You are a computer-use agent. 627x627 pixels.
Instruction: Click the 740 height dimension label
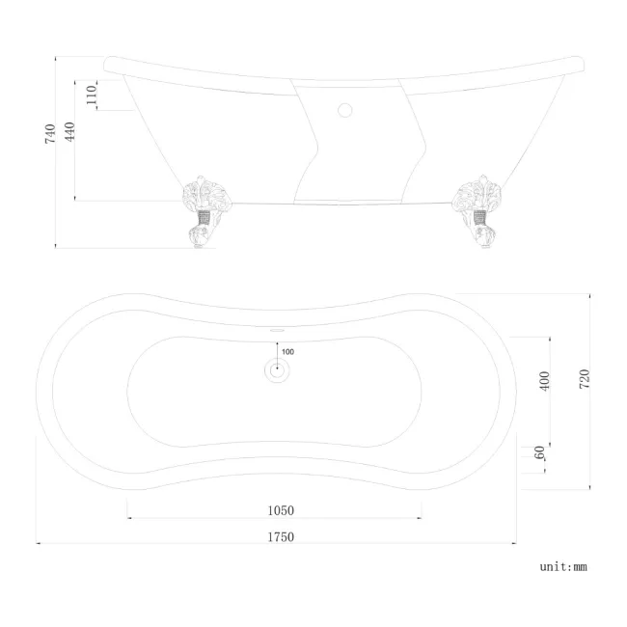[51, 133]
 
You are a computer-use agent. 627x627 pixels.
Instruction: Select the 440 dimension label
[70, 133]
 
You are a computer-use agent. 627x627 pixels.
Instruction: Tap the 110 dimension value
[93, 95]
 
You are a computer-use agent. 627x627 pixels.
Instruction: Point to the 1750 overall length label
[280, 537]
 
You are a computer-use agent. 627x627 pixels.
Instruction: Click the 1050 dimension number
[280, 511]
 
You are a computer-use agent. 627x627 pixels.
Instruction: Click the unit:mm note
[562, 567]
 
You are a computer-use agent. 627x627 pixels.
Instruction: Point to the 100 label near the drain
[287, 351]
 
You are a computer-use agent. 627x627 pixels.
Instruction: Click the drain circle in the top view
[277, 368]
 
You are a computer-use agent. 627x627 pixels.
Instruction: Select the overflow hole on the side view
[345, 108]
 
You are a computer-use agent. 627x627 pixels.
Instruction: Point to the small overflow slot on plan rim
[277, 329]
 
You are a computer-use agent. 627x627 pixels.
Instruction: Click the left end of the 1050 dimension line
[128, 519]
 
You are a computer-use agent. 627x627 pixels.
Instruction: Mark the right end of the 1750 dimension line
[517, 544]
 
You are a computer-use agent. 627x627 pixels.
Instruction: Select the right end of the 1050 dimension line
[422, 519]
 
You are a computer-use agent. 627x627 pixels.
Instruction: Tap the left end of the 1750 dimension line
[37, 544]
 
